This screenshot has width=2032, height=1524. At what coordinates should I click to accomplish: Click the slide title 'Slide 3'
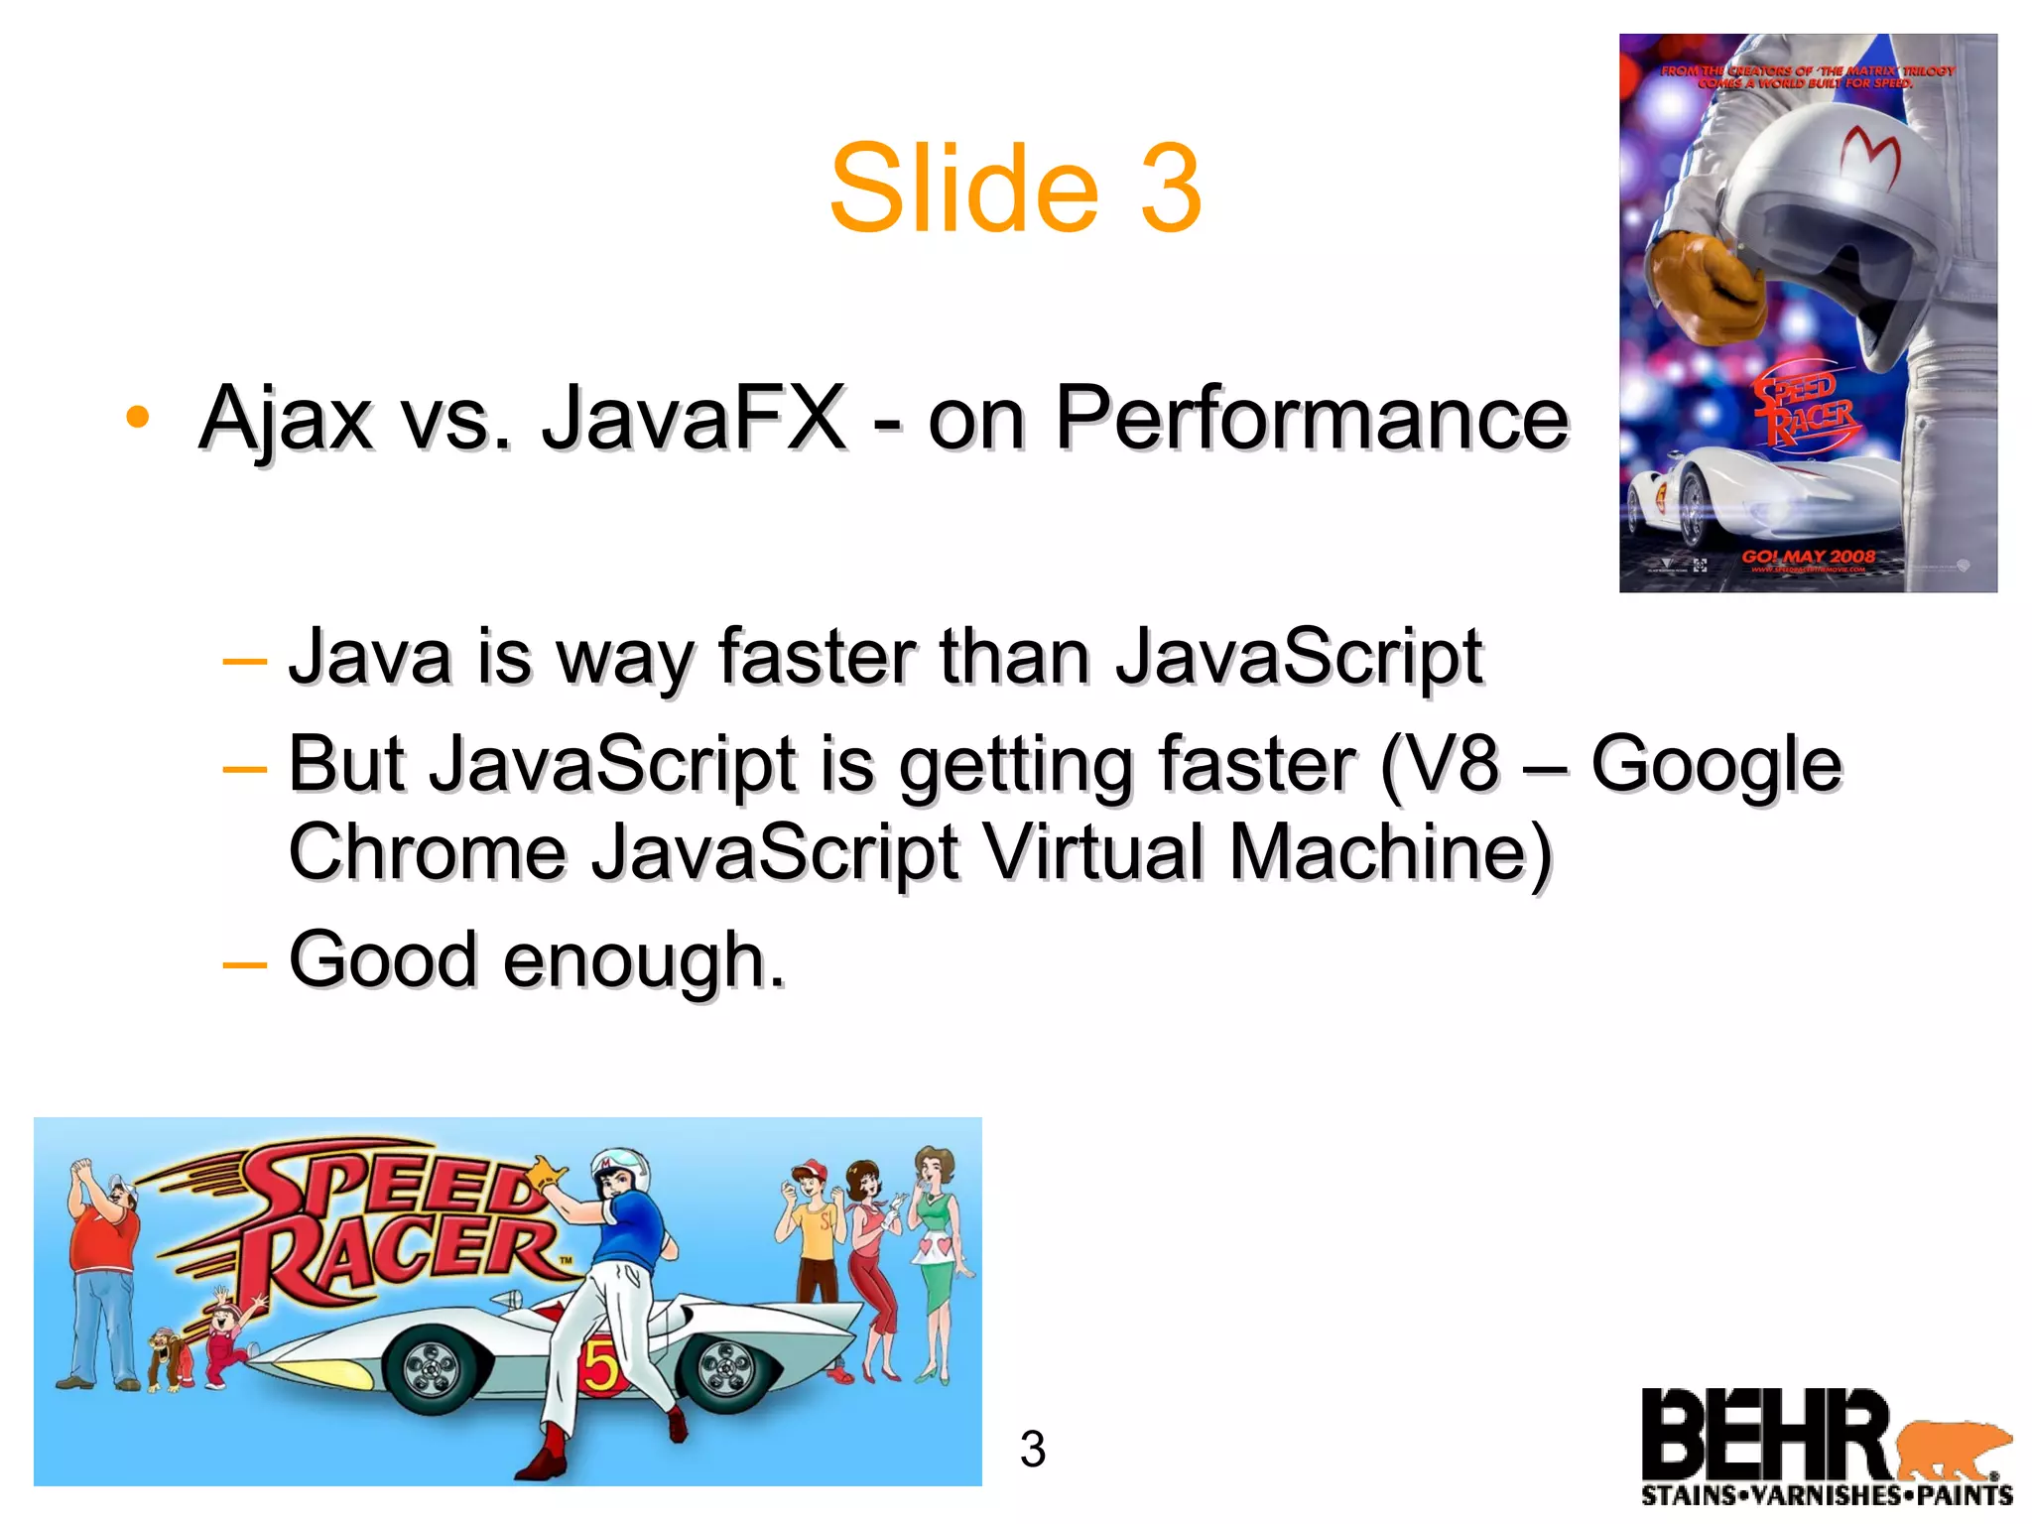pyautogui.click(x=1015, y=189)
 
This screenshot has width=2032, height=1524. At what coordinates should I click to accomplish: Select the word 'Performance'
pyautogui.click(x=1311, y=419)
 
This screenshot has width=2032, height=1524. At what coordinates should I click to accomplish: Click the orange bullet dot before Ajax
pyautogui.click(x=138, y=417)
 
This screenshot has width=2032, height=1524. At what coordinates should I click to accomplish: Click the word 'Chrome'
pyautogui.click(x=428, y=851)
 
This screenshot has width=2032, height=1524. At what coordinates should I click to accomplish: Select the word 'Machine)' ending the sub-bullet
pyautogui.click(x=1390, y=851)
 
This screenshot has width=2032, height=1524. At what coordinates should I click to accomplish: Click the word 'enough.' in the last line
pyautogui.click(x=644, y=960)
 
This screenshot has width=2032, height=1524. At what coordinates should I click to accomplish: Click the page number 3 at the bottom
pyautogui.click(x=1033, y=1450)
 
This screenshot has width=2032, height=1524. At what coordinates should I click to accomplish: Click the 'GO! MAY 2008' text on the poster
pyautogui.click(x=1809, y=557)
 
